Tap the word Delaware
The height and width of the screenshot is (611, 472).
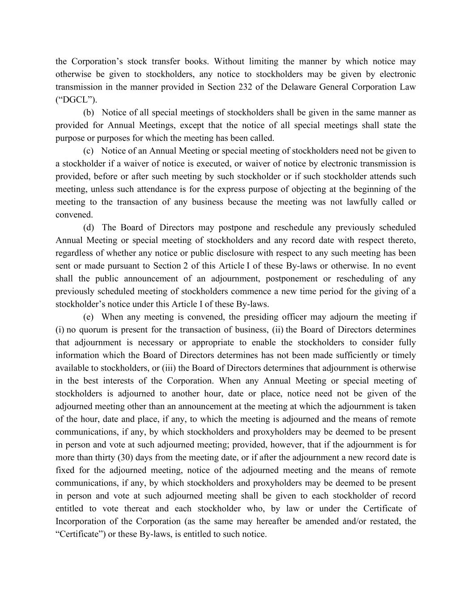tap(298, 87)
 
